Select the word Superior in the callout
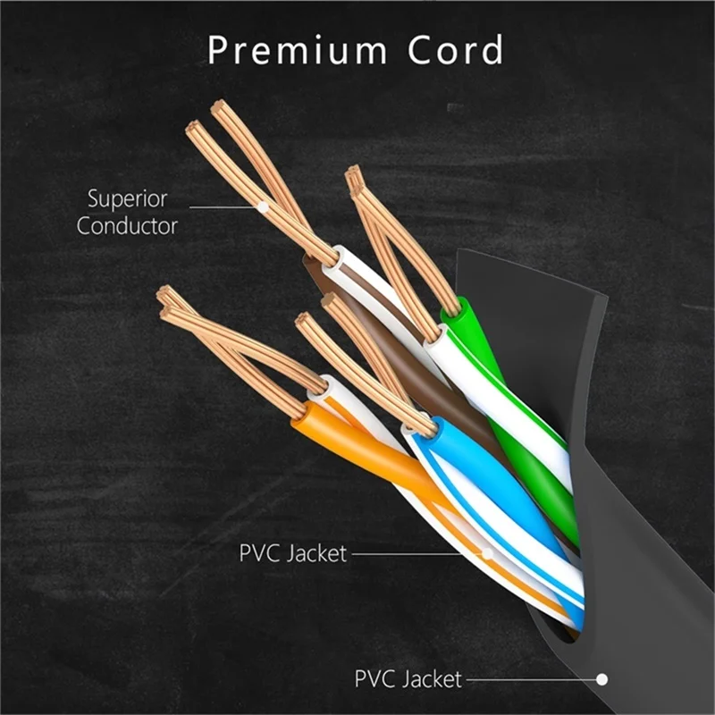coord(127,198)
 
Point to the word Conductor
coord(127,224)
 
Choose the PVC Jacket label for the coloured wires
coord(292,553)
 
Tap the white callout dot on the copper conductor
coord(263,207)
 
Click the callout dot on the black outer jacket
coord(602,679)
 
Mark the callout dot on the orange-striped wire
coord(488,553)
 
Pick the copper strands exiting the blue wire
coord(375,366)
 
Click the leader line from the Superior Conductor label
coord(223,207)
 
